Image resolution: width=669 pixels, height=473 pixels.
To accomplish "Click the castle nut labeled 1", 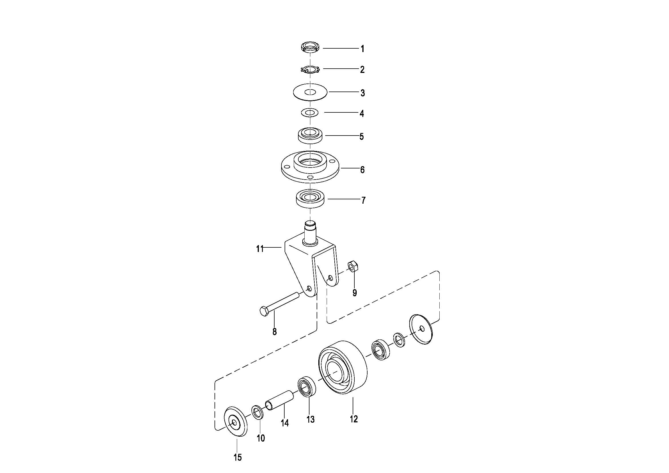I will click(x=310, y=47).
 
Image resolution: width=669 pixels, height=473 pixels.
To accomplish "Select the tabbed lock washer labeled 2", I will click(x=310, y=69).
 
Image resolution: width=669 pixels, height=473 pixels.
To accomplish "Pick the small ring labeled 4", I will click(x=310, y=112).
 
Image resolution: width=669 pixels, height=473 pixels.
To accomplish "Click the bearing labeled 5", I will click(x=310, y=136).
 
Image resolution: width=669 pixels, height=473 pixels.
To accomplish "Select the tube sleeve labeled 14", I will click(x=280, y=400).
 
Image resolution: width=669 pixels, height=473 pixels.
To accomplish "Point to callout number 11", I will click(x=260, y=249).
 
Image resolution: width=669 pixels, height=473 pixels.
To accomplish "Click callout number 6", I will click(x=362, y=170).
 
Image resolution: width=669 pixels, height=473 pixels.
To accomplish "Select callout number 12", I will click(x=354, y=419).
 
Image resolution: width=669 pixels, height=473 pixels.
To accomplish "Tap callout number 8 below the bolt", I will click(x=275, y=331).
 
